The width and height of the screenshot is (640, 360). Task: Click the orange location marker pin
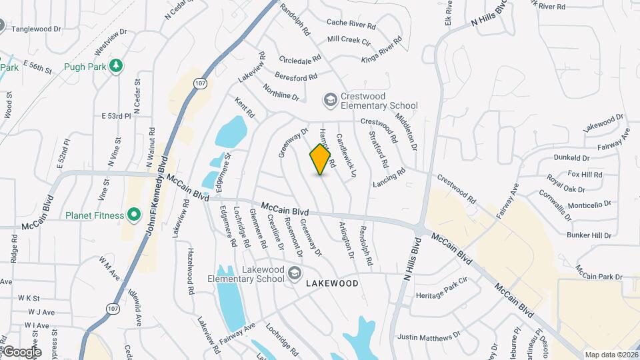pos(321,159)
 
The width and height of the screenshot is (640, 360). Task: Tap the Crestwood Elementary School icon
pos(330,100)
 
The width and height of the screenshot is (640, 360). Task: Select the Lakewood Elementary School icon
pos(294,273)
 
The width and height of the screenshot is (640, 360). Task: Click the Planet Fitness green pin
pos(134,215)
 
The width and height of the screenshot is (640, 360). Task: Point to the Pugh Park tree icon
pos(117,65)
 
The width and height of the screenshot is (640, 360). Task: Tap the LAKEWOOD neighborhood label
pos(332,283)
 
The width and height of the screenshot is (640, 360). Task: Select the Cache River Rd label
pos(351,23)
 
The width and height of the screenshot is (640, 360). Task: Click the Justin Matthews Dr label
pos(429,336)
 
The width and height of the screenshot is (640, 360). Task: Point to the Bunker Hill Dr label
pos(589,235)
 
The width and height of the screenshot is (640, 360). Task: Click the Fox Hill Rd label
pos(585,174)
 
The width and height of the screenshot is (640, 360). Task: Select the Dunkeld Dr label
pos(572,158)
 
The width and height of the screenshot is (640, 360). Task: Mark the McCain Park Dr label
pos(599,273)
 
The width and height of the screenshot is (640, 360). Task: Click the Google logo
pos(22,351)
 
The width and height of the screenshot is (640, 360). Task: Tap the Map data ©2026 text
pos(611,355)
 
